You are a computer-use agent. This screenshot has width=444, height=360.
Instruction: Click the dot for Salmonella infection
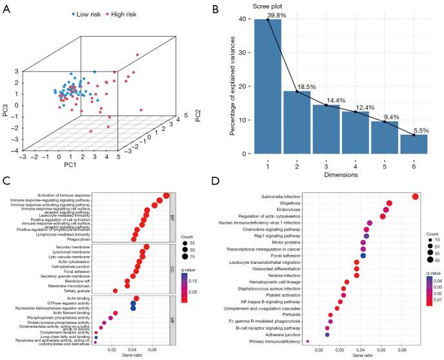[x=415, y=197]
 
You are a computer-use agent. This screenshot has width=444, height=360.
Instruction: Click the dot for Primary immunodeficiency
[x=307, y=341]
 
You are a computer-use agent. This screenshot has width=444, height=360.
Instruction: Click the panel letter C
[x=6, y=184]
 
